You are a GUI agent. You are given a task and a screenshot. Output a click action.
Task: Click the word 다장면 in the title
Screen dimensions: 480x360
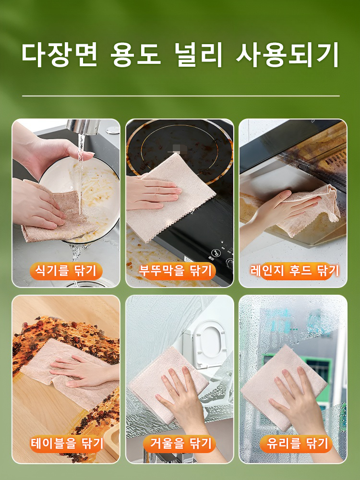59,56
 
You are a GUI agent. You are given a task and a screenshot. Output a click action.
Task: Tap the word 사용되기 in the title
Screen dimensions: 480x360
287,56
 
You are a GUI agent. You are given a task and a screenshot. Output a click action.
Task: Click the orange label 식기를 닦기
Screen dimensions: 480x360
66,271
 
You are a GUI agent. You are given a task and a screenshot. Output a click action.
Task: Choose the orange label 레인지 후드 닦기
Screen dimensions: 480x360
294,271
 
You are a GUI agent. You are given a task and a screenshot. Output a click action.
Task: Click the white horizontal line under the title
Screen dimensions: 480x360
180,96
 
